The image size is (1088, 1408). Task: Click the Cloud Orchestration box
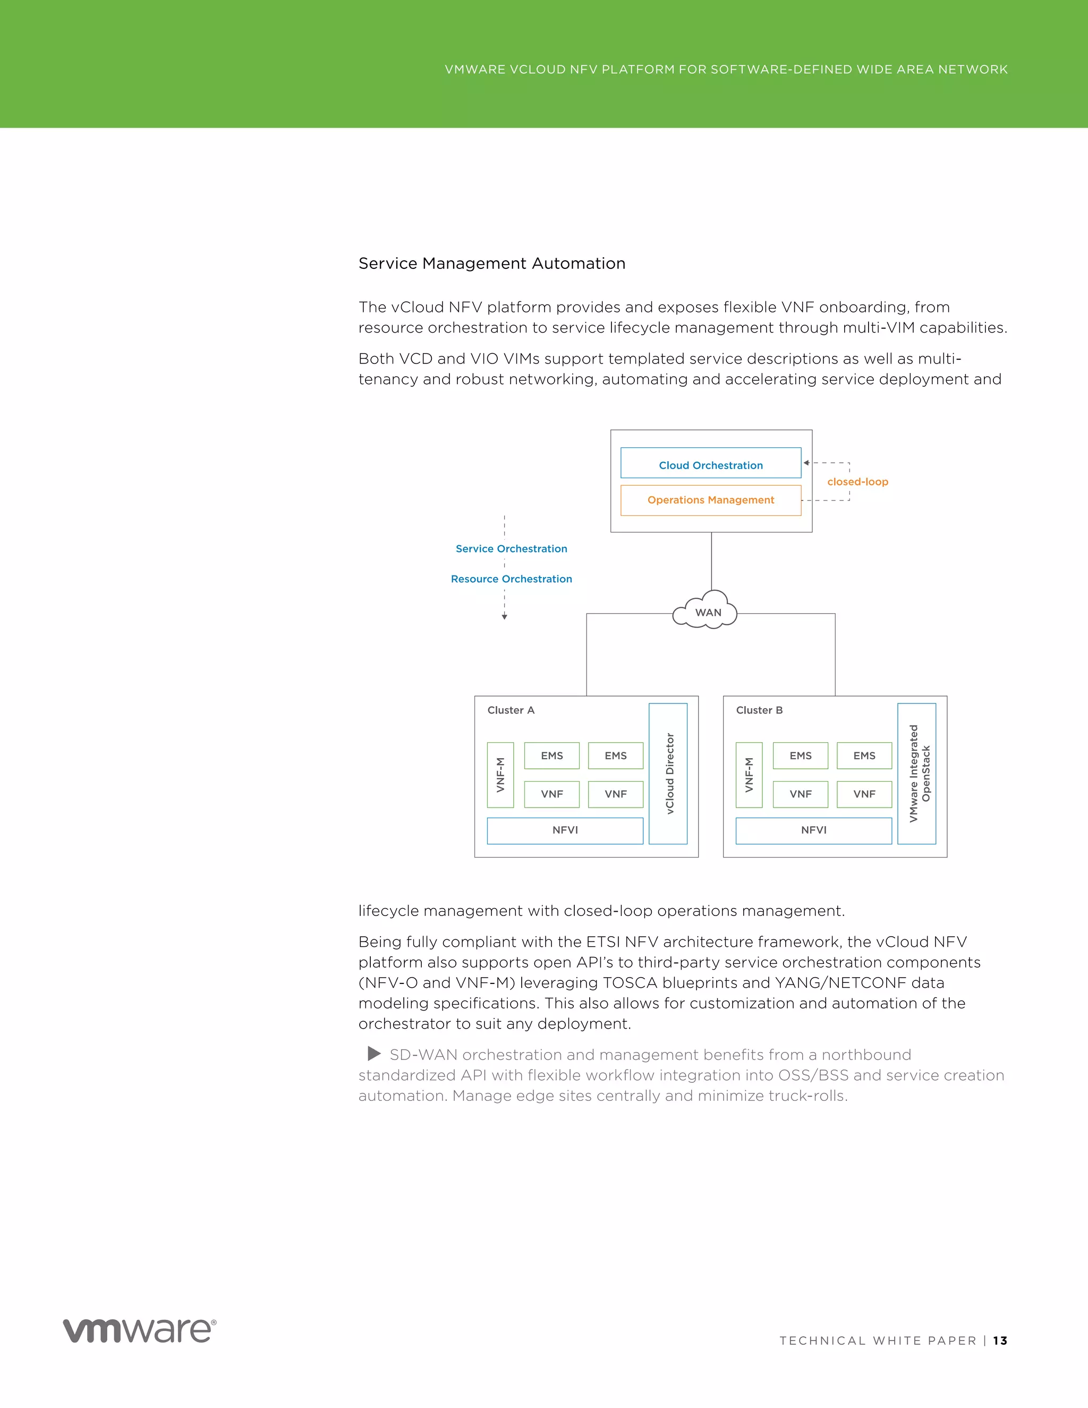pyautogui.click(x=710, y=463)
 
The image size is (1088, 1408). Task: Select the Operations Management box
pyautogui.click(x=710, y=501)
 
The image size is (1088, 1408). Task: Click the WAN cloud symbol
pyautogui.click(x=707, y=611)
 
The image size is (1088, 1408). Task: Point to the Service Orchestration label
pyautogui.click(x=511, y=549)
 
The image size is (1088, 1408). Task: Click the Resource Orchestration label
pyautogui.click(x=511, y=579)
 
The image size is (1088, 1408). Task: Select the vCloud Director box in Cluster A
pyautogui.click(x=668, y=773)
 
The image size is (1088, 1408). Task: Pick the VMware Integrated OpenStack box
pyautogui.click(x=916, y=773)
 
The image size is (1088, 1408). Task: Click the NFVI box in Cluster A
pyautogui.click(x=565, y=830)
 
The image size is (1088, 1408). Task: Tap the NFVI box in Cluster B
pyautogui.click(x=813, y=830)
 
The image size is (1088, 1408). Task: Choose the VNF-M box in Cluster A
pyautogui.click(x=500, y=775)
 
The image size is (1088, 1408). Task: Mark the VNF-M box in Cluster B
pyautogui.click(x=749, y=775)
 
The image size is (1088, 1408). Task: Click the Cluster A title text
pyautogui.click(x=511, y=710)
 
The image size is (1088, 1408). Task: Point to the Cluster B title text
pyautogui.click(x=759, y=710)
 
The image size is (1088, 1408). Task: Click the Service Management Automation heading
pyautogui.click(x=492, y=263)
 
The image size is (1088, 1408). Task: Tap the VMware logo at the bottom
pyautogui.click(x=139, y=1330)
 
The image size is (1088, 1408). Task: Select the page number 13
pyautogui.click(x=1000, y=1341)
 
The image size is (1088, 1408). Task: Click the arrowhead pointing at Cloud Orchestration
pyautogui.click(x=806, y=463)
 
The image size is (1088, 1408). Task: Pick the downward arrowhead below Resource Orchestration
pyautogui.click(x=505, y=617)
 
